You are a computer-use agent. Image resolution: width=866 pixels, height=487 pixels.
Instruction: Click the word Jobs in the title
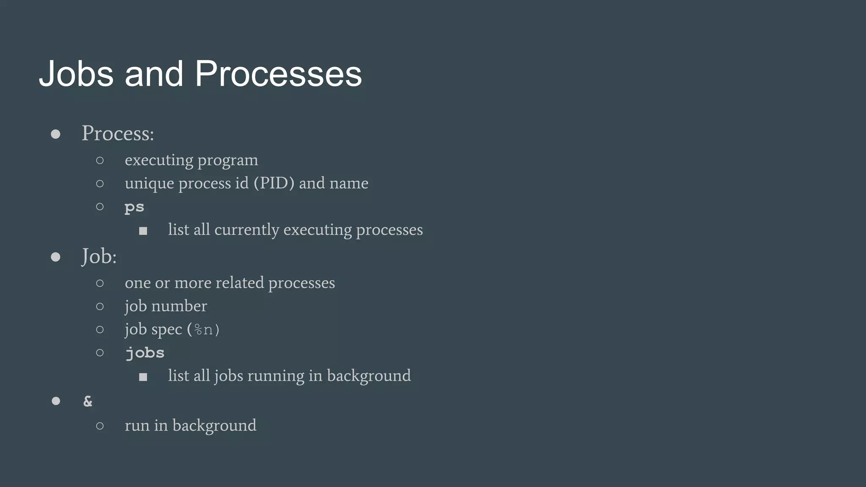(x=76, y=74)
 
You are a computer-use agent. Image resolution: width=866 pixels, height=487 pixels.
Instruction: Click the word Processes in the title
(x=278, y=74)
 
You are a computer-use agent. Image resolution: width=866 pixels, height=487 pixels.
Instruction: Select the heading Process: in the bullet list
(x=118, y=134)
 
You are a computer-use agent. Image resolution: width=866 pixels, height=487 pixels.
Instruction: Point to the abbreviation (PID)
(x=274, y=183)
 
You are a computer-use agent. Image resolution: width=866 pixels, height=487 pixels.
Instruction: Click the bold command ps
(x=134, y=207)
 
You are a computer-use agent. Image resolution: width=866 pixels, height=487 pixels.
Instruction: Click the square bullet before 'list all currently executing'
(x=143, y=231)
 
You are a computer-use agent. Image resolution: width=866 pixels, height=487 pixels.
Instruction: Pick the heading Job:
(x=99, y=256)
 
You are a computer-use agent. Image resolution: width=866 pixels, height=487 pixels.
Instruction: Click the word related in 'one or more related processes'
(x=239, y=283)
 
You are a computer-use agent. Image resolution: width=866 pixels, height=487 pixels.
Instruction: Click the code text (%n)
(x=203, y=329)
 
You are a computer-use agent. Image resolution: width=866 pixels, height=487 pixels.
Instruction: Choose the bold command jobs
(x=145, y=353)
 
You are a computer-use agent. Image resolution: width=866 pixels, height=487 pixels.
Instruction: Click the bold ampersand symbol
(x=88, y=401)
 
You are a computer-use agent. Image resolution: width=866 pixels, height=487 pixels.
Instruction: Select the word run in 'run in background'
(x=137, y=426)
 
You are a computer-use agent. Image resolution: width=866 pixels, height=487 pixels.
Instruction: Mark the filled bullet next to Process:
(x=55, y=134)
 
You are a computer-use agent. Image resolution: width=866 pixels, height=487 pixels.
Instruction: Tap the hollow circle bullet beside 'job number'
(x=100, y=306)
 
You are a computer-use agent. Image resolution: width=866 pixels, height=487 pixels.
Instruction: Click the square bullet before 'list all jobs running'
(x=143, y=377)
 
